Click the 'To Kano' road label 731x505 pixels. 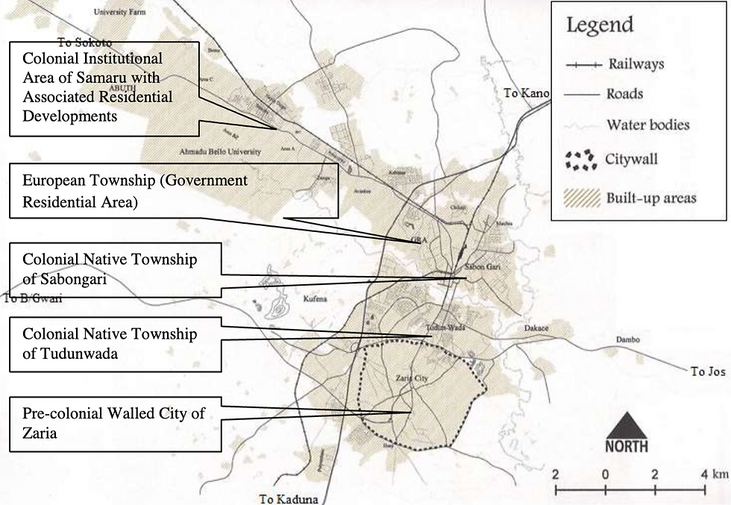[x=527, y=93]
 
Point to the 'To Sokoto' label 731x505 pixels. [x=84, y=43]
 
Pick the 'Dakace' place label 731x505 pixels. [x=536, y=328]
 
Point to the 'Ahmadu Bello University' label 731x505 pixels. [x=220, y=151]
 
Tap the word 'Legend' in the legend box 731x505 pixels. [x=599, y=25]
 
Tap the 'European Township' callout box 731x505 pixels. [x=173, y=191]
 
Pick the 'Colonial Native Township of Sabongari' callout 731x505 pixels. [x=116, y=269]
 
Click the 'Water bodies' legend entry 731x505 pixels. [x=647, y=124]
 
